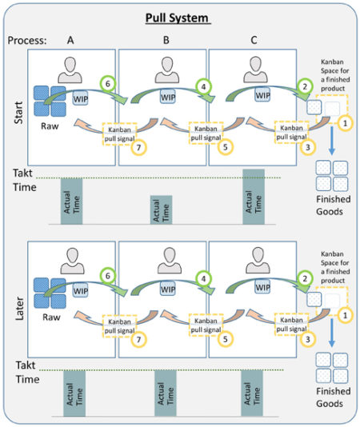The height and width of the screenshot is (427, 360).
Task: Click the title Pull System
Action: [178, 18]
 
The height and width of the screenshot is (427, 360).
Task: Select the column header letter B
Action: [163, 39]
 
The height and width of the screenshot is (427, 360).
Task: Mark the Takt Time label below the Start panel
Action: [23, 180]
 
